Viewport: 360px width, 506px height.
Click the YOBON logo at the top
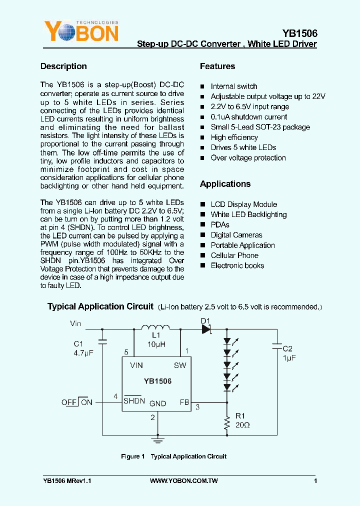(81, 31)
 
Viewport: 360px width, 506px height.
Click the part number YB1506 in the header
(299, 33)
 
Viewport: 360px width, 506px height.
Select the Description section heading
(63, 66)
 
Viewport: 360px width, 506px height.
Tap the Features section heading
(217, 66)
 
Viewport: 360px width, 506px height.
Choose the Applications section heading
(225, 184)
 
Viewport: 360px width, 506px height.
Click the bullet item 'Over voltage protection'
(248, 158)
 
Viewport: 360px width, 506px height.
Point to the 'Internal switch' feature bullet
(233, 86)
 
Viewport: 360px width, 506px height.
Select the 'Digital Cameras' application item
(236, 235)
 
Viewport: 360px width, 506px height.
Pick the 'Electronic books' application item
(237, 265)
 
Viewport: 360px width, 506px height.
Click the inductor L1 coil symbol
(156, 328)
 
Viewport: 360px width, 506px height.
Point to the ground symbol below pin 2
(158, 440)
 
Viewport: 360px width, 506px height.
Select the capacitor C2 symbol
(276, 345)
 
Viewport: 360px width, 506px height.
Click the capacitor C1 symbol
(102, 342)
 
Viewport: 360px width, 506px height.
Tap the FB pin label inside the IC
(184, 402)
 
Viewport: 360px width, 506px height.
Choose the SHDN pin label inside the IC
(134, 401)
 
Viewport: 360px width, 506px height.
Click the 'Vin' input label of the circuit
(75, 323)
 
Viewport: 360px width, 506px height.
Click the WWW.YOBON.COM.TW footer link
(183, 481)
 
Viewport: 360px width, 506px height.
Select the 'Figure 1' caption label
(132, 456)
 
